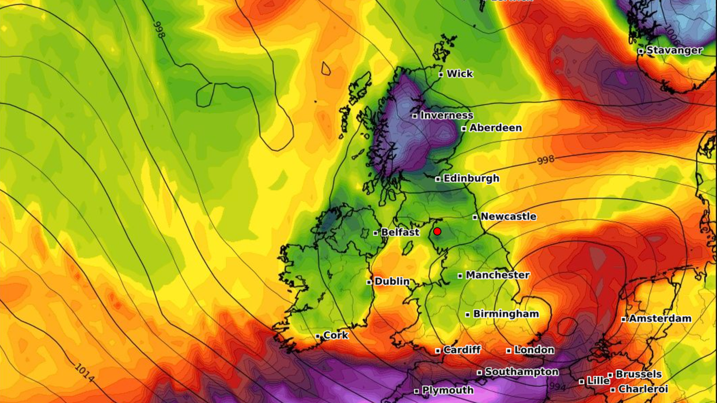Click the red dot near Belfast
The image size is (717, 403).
point(437,231)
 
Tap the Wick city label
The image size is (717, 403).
point(460,74)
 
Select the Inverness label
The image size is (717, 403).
point(446,115)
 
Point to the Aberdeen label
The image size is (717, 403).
point(495,128)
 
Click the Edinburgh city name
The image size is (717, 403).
point(471,178)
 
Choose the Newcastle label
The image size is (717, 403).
point(508,216)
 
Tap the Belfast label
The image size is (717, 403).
point(400,233)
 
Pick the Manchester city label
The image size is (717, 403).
point(498,275)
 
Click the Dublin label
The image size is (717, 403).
point(392,282)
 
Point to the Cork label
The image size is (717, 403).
point(336,335)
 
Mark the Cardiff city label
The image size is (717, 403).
point(462,350)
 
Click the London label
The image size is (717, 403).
point(534,350)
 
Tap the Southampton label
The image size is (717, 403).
point(521,372)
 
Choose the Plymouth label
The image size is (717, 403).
point(447,390)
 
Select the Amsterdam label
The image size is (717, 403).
point(660,318)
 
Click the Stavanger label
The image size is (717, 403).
point(674,51)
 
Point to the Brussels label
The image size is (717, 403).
point(638,374)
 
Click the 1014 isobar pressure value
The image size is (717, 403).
point(84,372)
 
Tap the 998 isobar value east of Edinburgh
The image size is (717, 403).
point(546,160)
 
